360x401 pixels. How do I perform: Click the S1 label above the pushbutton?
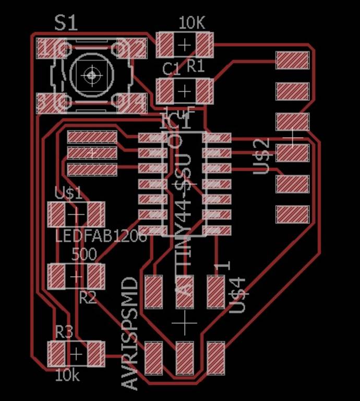coord(66,22)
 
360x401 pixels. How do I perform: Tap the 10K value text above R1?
coord(191,23)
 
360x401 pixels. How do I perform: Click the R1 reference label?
coord(196,66)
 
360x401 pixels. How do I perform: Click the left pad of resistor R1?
coord(166,44)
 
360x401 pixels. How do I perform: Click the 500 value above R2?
coord(83,255)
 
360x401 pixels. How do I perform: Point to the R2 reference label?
coord(88,298)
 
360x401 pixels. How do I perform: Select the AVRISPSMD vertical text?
coord(131,333)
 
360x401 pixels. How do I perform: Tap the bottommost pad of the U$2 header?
coord(293,214)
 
